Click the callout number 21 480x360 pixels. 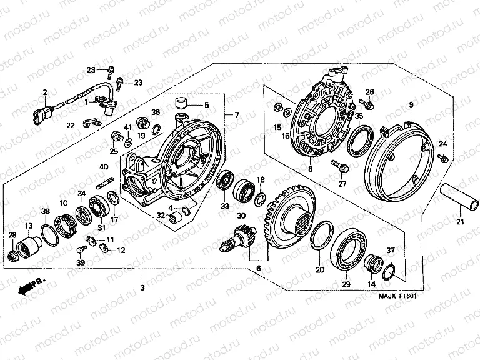[459, 222]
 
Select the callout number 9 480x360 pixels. [411, 104]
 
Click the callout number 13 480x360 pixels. [27, 226]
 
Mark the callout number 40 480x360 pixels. [104, 166]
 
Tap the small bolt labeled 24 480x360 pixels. [444, 157]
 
